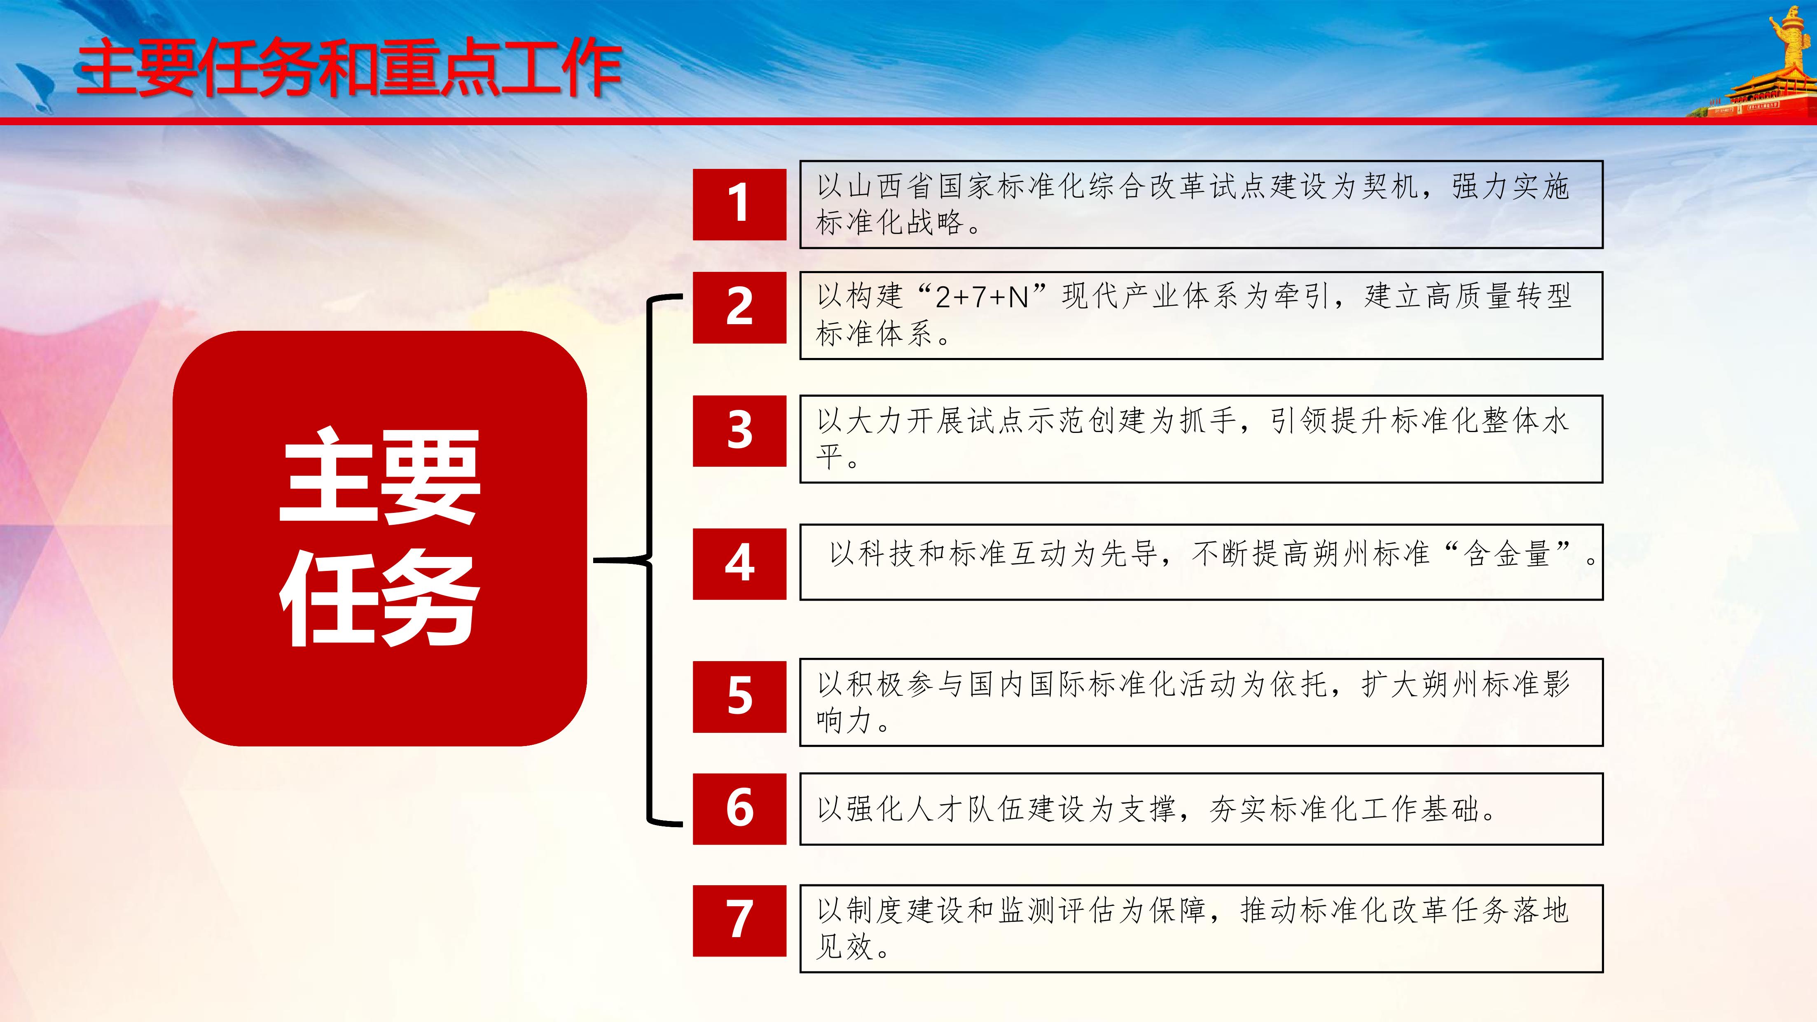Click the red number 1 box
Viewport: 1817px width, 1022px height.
(x=739, y=205)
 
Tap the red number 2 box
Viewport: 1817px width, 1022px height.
(x=739, y=308)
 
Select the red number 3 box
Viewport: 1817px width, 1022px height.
(x=739, y=431)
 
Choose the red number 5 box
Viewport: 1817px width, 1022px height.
(x=739, y=697)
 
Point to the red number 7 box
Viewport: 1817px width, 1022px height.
(x=739, y=920)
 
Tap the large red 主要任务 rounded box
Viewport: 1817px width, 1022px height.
(x=379, y=538)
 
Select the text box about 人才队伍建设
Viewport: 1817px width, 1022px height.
(x=1201, y=809)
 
